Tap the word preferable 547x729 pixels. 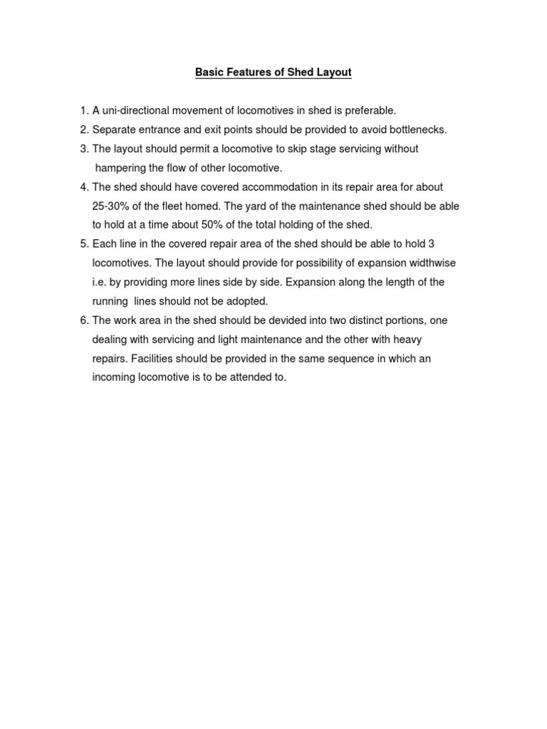coord(370,110)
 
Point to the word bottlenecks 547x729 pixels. coord(417,130)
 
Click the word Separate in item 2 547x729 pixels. coord(115,130)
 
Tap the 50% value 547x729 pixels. coord(208,225)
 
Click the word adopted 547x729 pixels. coord(247,301)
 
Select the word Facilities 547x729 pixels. coord(152,359)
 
